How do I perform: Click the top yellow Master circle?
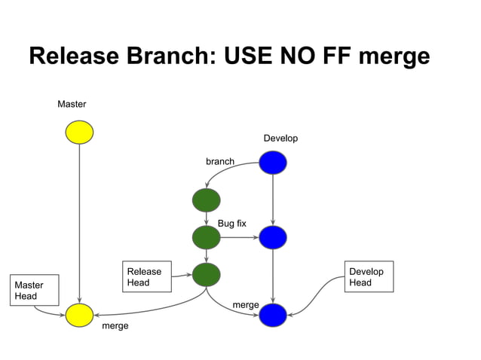pyautogui.click(x=79, y=133)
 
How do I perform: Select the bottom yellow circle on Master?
pyautogui.click(x=79, y=316)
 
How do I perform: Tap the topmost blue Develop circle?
pyautogui.click(x=272, y=162)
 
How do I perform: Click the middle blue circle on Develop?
pyautogui.click(x=272, y=238)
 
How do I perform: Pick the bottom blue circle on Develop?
pyautogui.click(x=272, y=316)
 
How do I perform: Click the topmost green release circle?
pyautogui.click(x=206, y=200)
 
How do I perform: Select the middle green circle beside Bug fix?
pyautogui.click(x=206, y=238)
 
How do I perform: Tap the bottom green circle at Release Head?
pyautogui.click(x=206, y=275)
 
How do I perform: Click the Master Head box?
pyautogui.click(x=35, y=291)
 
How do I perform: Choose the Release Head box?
pyautogui.click(x=146, y=277)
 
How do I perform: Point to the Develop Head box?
pyautogui.click(x=369, y=277)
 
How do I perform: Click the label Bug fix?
pyautogui.click(x=231, y=224)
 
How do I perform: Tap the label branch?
pyautogui.click(x=220, y=161)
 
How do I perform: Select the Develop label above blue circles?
pyautogui.click(x=280, y=139)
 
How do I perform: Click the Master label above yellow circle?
pyautogui.click(x=72, y=104)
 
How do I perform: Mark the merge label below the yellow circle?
pyautogui.click(x=115, y=326)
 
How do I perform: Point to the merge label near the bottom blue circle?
pyautogui.click(x=246, y=304)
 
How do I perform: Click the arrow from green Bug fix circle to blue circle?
pyautogui.click(x=239, y=238)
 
